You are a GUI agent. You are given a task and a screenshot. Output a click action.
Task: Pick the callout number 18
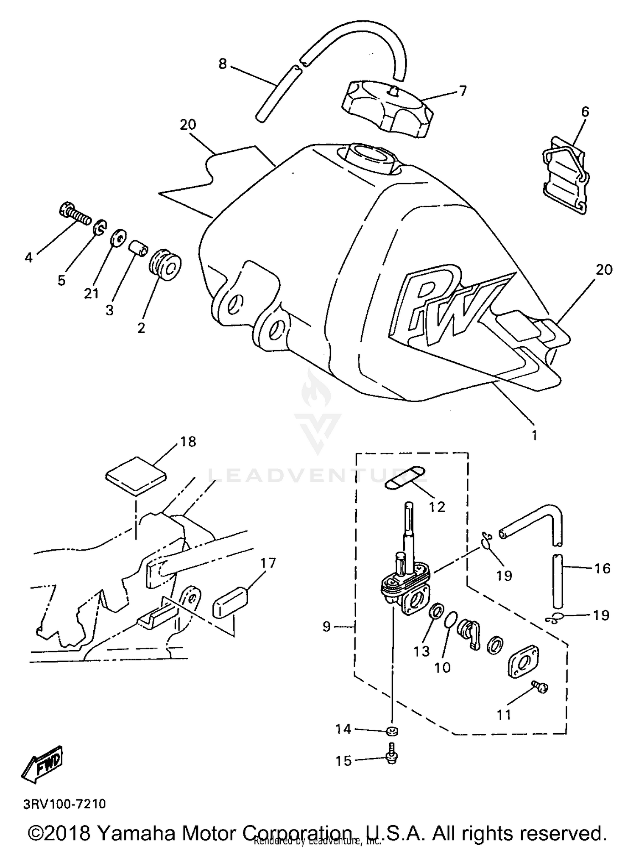[x=188, y=442]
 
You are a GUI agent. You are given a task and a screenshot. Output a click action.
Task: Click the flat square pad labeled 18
[x=136, y=476]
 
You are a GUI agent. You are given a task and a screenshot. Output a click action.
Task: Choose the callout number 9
[x=326, y=626]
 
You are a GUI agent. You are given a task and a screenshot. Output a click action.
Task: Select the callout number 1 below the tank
[x=534, y=435]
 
